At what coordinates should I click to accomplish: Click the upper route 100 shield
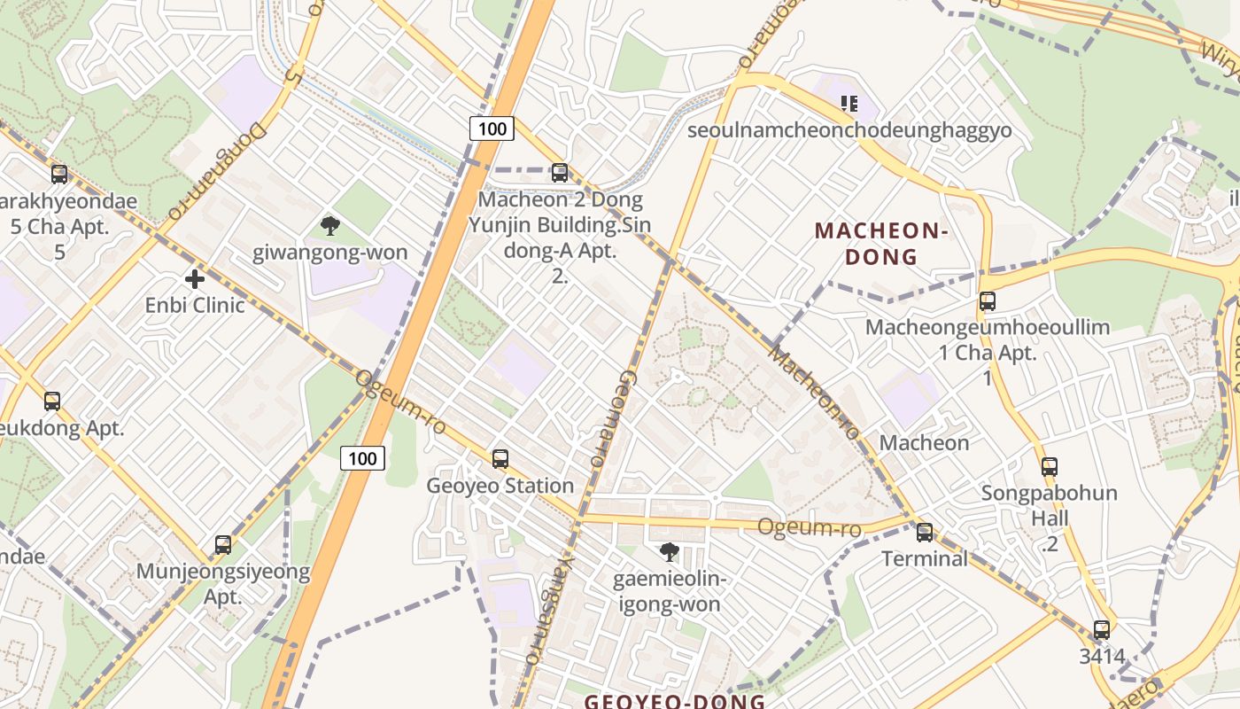click(492, 129)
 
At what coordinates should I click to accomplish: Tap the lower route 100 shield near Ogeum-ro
click(362, 458)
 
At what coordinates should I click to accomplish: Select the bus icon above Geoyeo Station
click(500, 458)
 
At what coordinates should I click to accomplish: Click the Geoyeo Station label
click(500, 486)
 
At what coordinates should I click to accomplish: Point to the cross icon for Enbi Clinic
click(195, 279)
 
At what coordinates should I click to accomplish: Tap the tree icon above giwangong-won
click(330, 226)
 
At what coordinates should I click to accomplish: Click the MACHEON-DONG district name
click(881, 244)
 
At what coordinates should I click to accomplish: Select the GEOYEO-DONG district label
click(675, 701)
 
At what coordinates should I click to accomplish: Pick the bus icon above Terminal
click(925, 532)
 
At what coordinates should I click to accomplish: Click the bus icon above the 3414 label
click(1102, 630)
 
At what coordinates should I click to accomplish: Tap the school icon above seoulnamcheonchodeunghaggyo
click(849, 104)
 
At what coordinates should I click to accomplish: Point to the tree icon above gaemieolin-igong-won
click(670, 552)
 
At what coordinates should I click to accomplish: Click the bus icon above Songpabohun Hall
click(1050, 466)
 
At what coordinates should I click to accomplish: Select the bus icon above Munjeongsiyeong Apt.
click(223, 544)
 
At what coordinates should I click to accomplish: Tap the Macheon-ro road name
click(814, 393)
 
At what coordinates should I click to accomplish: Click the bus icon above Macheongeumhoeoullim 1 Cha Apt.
click(988, 301)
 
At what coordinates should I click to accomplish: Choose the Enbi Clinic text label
click(195, 306)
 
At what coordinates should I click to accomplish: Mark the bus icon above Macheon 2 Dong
click(560, 173)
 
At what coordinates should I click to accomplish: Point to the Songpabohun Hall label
click(1050, 505)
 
